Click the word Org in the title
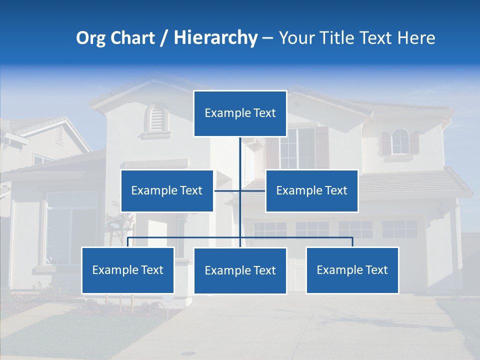[x=90, y=38]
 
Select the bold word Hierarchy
[x=215, y=38]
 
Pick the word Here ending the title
[x=416, y=38]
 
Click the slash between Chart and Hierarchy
[x=164, y=38]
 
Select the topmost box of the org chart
[x=240, y=113]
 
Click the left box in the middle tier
[x=167, y=190]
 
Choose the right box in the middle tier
[x=311, y=190]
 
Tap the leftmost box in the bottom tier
[x=127, y=270]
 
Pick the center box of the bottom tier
[x=240, y=270]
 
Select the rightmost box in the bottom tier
[x=352, y=270]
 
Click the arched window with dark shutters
[x=400, y=141]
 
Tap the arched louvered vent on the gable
[x=156, y=119]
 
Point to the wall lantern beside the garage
[x=440, y=212]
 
